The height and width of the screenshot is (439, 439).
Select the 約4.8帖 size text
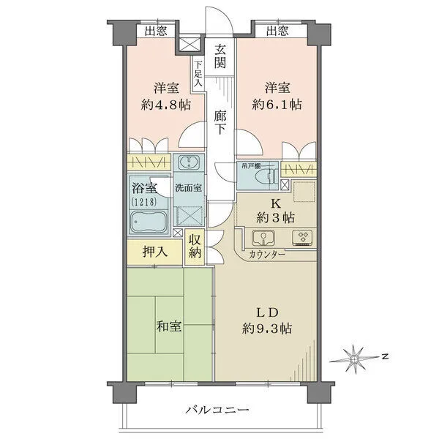(166, 104)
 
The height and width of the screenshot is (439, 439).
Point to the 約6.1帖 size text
(278, 104)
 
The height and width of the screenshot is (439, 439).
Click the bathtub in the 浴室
(149, 220)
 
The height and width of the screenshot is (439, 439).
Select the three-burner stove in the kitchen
(301, 237)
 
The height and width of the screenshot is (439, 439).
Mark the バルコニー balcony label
(217, 410)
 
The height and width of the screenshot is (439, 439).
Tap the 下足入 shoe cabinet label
(198, 73)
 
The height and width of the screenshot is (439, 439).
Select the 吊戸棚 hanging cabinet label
(246, 166)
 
